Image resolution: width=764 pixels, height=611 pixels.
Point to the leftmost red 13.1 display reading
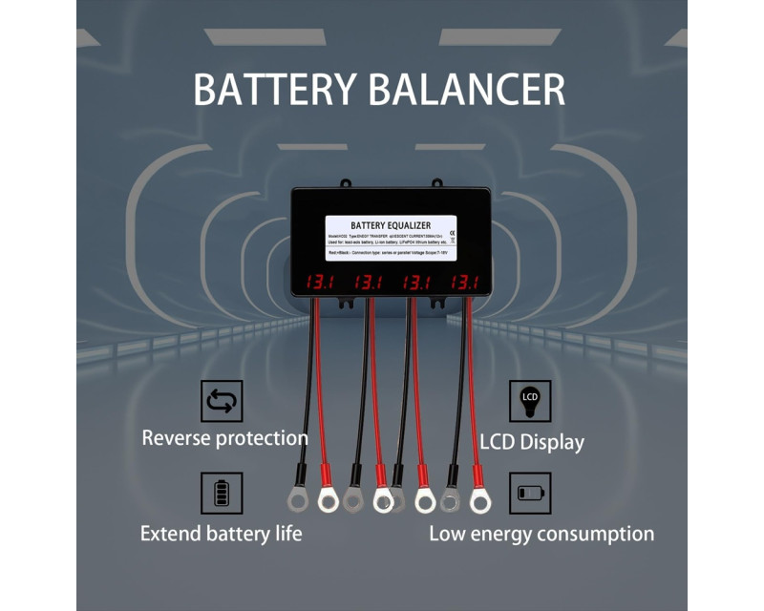[318, 283]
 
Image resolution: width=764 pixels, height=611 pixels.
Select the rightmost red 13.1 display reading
[465, 283]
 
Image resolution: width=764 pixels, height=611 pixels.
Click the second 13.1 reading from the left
[368, 283]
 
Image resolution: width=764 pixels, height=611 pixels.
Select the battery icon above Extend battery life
[222, 494]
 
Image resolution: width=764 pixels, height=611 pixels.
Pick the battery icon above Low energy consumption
[529, 494]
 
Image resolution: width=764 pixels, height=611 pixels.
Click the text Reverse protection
[224, 438]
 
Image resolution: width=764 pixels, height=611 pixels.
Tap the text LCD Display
[532, 442]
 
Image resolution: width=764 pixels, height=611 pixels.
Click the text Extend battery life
[221, 533]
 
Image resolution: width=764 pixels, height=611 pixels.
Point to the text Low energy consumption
[541, 534]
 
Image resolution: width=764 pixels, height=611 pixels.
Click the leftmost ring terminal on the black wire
[297, 499]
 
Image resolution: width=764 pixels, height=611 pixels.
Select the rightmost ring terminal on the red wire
[478, 498]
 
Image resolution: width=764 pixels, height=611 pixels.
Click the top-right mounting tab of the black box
[437, 183]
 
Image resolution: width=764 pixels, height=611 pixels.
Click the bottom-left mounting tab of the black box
[346, 303]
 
